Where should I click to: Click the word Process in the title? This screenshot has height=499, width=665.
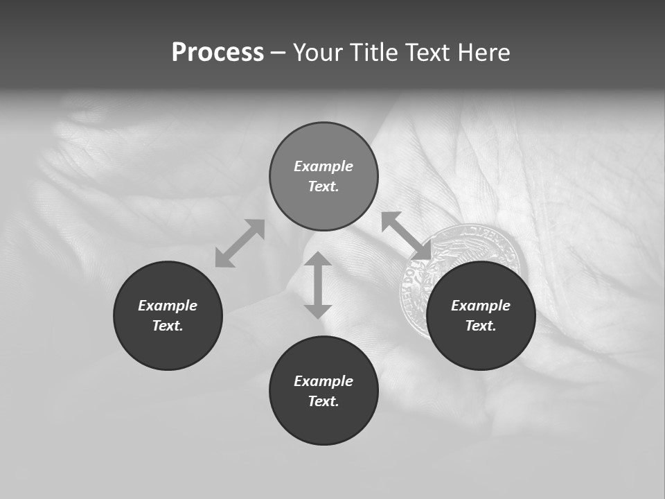[x=218, y=53]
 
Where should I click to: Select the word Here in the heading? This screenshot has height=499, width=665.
[x=484, y=53]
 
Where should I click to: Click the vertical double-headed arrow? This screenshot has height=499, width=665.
[x=318, y=286]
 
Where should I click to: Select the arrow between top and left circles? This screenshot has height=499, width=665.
[x=240, y=243]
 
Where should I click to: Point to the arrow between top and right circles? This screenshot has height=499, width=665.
[x=407, y=236]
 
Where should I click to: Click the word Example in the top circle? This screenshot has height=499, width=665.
[x=323, y=166]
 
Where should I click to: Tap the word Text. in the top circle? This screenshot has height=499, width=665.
[x=323, y=186]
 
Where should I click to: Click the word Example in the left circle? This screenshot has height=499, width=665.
[x=168, y=306]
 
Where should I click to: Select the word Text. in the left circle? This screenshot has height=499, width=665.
[x=168, y=326]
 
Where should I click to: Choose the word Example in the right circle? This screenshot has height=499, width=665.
[x=481, y=306]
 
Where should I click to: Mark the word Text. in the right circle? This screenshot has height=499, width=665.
[x=481, y=326]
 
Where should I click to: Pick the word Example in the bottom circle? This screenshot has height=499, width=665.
[x=323, y=381]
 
